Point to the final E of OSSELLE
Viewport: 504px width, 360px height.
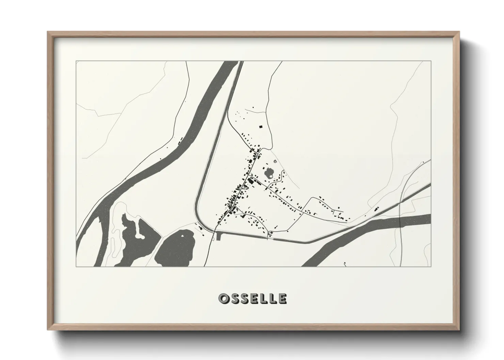click(x=282, y=299)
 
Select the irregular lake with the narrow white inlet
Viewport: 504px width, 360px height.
click(x=136, y=238)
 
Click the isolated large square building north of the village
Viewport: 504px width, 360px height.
click(x=261, y=127)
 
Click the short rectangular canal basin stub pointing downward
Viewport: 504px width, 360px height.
click(x=218, y=235)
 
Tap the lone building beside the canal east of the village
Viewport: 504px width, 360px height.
click(x=376, y=209)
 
